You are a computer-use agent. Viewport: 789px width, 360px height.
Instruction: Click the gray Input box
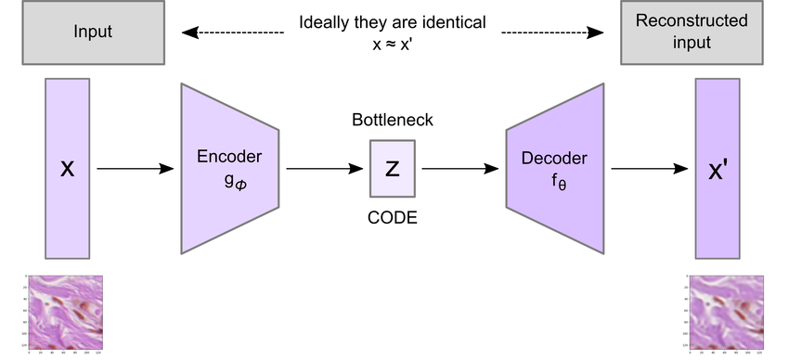click(92, 32)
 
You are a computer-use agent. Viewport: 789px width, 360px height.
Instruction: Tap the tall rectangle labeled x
click(68, 168)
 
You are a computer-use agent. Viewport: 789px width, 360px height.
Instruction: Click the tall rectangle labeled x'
click(718, 168)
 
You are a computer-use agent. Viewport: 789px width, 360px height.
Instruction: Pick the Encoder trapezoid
click(229, 168)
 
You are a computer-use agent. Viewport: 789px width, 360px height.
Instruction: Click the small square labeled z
click(393, 168)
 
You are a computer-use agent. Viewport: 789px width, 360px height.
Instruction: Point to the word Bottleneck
click(393, 122)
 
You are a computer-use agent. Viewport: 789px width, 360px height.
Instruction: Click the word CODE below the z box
click(393, 218)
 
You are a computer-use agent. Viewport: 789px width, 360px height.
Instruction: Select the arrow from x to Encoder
click(136, 168)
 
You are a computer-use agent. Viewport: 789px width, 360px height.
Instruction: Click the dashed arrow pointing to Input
click(232, 32)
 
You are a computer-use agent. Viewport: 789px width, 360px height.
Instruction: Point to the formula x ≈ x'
click(392, 43)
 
